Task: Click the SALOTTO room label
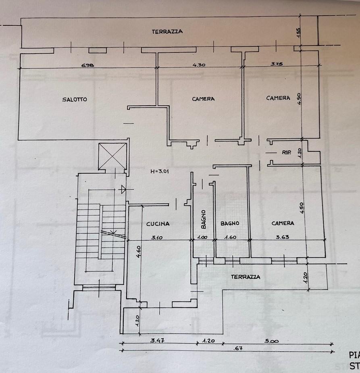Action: click(75, 100)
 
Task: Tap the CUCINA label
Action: click(158, 224)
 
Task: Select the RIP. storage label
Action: click(287, 153)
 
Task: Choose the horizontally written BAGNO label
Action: click(230, 223)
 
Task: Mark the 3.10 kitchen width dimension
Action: click(157, 238)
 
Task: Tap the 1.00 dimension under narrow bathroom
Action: click(203, 238)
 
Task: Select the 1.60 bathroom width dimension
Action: click(230, 238)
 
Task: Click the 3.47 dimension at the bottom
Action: click(157, 341)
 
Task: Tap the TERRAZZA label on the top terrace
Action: click(167, 31)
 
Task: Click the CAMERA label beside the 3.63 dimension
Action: click(283, 223)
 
